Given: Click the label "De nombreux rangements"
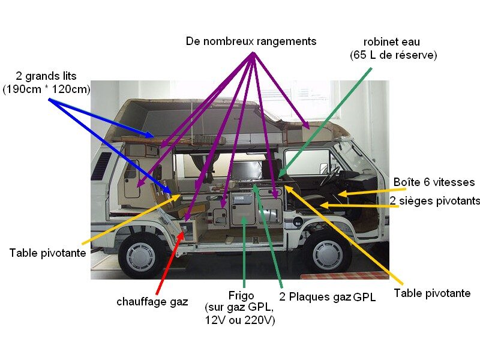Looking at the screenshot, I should tap(251, 41).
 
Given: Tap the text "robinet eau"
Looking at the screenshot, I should tap(391, 42).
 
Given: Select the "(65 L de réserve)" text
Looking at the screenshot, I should tap(393, 55).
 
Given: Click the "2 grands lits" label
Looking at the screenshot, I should tap(46, 76).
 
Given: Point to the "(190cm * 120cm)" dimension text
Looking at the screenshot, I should tap(46, 89).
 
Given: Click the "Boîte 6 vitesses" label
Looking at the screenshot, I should tap(434, 182).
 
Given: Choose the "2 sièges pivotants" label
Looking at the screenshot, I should tap(435, 200).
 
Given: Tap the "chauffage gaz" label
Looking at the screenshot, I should tap(152, 302).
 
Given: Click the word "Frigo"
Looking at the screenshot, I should tap(241, 296).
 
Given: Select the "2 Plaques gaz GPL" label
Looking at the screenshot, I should tap(327, 297).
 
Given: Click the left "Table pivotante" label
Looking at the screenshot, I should tap(47, 253).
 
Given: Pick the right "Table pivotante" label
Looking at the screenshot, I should tap(432, 293).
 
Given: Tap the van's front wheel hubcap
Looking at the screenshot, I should tap(328, 254).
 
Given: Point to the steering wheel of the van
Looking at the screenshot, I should tap(329, 176).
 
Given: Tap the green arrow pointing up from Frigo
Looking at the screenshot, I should tap(244, 252).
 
